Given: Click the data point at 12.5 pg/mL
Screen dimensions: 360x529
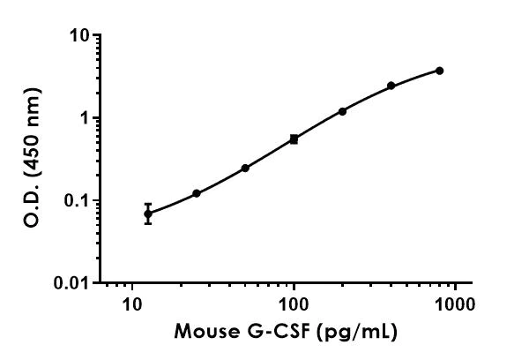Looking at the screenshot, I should click(x=148, y=214).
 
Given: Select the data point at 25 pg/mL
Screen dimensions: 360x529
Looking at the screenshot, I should click(x=197, y=193).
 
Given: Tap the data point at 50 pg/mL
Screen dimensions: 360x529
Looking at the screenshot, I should click(x=245, y=168).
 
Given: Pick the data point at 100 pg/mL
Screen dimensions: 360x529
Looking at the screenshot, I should click(x=294, y=139).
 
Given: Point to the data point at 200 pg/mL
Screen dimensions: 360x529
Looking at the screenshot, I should click(x=342, y=111).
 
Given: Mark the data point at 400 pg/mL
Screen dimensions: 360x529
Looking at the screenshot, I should click(x=391, y=86).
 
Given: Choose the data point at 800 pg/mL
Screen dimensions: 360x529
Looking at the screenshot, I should click(x=439, y=71).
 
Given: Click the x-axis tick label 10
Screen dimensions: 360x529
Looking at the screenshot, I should click(x=132, y=304).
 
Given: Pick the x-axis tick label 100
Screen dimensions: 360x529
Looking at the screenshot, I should click(x=294, y=304).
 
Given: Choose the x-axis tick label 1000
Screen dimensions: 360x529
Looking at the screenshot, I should click(x=454, y=304).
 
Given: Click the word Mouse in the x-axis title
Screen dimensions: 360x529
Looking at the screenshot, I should click(x=204, y=332).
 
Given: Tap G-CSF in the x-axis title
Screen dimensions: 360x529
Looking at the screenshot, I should click(x=272, y=332).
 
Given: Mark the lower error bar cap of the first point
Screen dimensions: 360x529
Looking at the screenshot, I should click(x=148, y=223).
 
